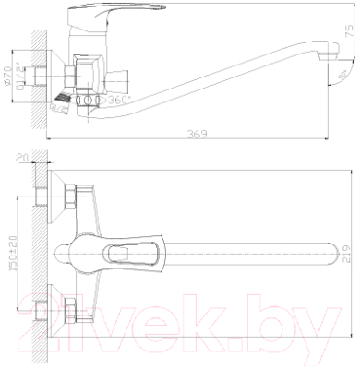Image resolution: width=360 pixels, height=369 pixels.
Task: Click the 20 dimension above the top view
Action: pos(21,157)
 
